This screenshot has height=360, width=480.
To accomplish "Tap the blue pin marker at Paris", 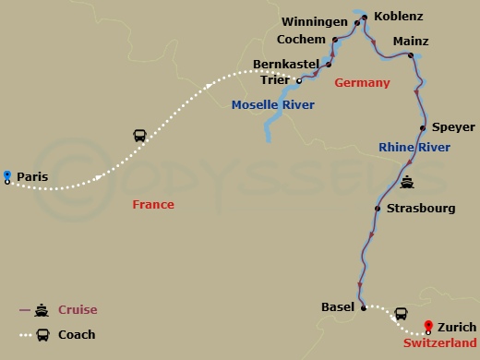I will pyautogui.click(x=7, y=174).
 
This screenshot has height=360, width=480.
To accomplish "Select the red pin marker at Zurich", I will pyautogui.click(x=428, y=325).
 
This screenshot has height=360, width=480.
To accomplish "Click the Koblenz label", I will pyautogui.click(x=400, y=18).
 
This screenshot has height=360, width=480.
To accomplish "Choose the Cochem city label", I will pyautogui.click(x=302, y=40).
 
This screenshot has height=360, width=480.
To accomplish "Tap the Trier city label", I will pyautogui.click(x=274, y=80).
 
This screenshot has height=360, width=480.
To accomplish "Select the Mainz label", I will pyautogui.click(x=411, y=42).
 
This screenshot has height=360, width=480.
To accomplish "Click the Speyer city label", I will pyautogui.click(x=453, y=127).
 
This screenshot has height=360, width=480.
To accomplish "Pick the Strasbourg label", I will pyautogui.click(x=421, y=209).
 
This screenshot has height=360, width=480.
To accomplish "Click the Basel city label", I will pyautogui.click(x=337, y=307).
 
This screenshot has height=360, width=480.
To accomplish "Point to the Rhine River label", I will pyautogui.click(x=414, y=148).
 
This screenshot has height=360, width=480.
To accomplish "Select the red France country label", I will pyautogui.click(x=152, y=205).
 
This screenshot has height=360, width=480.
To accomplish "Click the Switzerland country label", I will pyautogui.click(x=440, y=343).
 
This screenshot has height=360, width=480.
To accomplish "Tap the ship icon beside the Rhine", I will pyautogui.click(x=407, y=180).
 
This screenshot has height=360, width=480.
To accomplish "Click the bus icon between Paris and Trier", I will pyautogui.click(x=139, y=136).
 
